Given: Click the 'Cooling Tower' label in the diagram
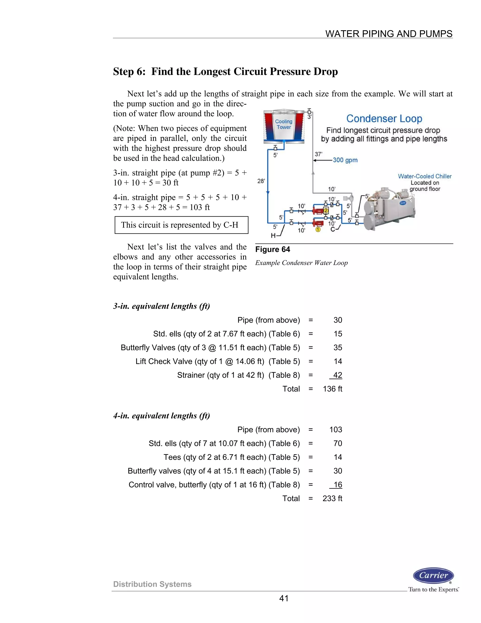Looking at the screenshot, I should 283,124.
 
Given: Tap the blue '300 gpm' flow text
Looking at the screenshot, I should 345,160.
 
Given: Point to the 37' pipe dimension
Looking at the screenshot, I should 318,154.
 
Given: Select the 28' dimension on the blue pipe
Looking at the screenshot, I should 261,181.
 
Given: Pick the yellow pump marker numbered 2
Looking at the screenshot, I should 326,210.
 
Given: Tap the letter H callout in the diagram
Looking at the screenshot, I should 273,236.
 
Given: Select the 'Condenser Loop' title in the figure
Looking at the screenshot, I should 384,118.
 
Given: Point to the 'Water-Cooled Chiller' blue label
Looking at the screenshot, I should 425,176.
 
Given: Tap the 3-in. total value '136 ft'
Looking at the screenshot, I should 332,389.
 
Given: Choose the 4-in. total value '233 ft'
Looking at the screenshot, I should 332,498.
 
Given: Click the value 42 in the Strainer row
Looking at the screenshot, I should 338,375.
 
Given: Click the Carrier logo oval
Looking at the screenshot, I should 433,575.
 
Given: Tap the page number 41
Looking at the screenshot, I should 283,599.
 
